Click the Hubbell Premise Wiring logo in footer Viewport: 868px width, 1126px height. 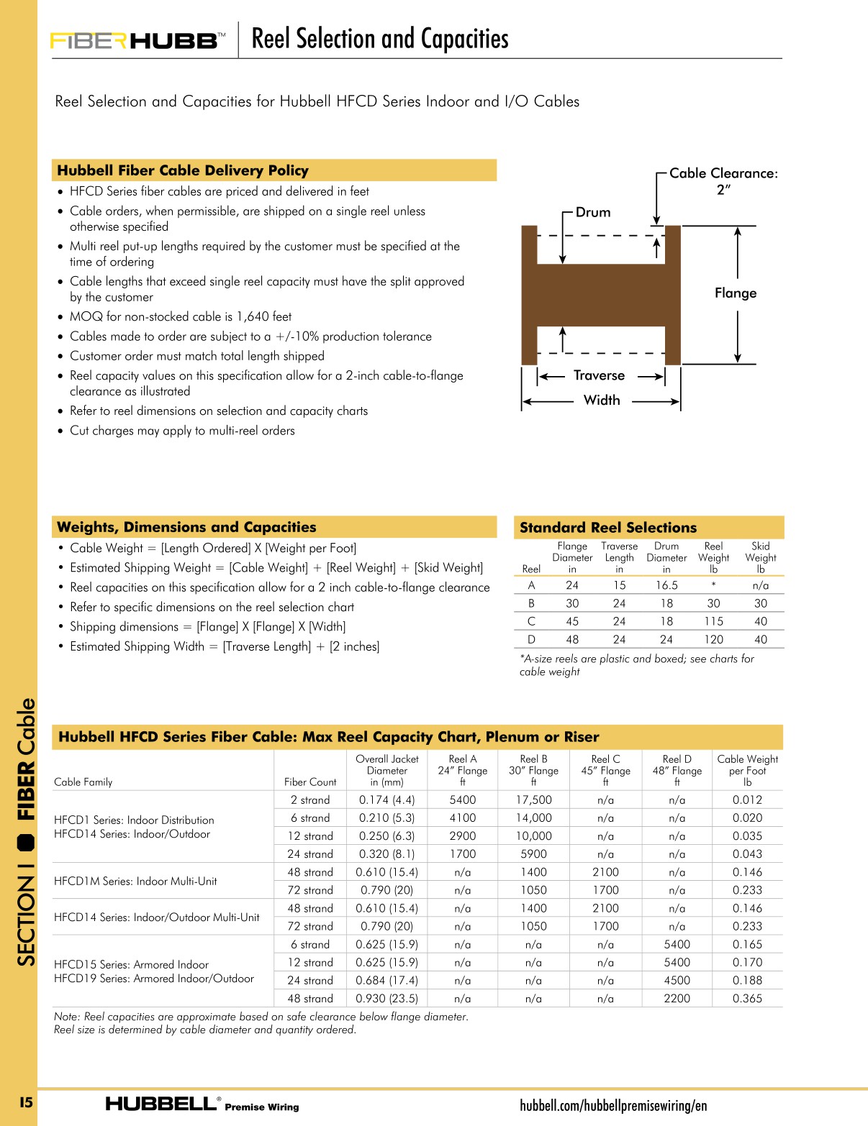pyautogui.click(x=202, y=1104)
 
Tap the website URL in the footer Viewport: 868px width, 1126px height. pyautogui.click(x=613, y=1105)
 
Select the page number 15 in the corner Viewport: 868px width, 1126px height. pyautogui.click(x=26, y=1102)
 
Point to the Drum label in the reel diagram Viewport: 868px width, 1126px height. pyautogui.click(x=592, y=212)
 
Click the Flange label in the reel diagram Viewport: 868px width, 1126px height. pyautogui.click(x=735, y=293)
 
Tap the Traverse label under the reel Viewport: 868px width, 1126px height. pyautogui.click(x=599, y=375)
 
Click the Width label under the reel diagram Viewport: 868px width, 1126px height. pyautogui.click(x=601, y=400)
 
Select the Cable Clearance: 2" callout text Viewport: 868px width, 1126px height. pyautogui.click(x=723, y=180)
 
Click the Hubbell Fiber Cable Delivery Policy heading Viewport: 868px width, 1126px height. pyautogui.click(x=183, y=170)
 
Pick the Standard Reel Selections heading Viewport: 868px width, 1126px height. pyautogui.click(x=608, y=527)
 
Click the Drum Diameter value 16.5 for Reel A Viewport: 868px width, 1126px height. pyautogui.click(x=666, y=585)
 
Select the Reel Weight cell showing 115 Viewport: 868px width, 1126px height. pyautogui.click(x=713, y=621)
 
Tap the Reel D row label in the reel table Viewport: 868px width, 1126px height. pyautogui.click(x=531, y=639)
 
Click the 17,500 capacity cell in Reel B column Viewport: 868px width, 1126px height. pyautogui.click(x=533, y=800)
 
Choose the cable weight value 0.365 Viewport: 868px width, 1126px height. pyautogui.click(x=747, y=998)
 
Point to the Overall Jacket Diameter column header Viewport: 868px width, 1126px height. pyautogui.click(x=386, y=770)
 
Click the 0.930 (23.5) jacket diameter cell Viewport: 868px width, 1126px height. pyautogui.click(x=386, y=998)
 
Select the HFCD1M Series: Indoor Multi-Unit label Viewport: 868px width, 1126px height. pyautogui.click(x=135, y=881)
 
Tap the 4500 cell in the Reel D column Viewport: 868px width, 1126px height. pyautogui.click(x=677, y=980)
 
